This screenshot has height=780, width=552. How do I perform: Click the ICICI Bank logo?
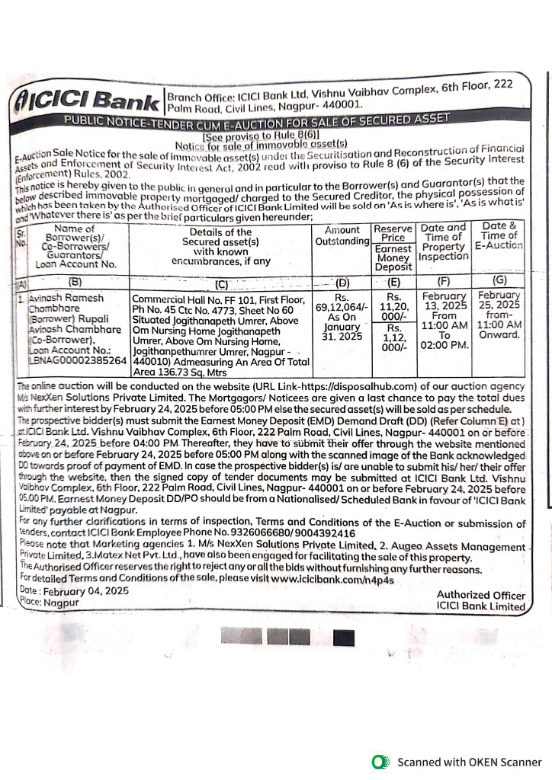pyautogui.click(x=83, y=99)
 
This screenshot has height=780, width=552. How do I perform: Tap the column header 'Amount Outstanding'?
pyautogui.click(x=341, y=235)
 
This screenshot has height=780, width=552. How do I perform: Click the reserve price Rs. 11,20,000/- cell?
pyautogui.click(x=393, y=305)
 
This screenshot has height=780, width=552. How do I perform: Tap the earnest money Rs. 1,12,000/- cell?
pyautogui.click(x=393, y=337)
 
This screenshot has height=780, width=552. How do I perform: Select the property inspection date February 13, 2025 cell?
pyautogui.click(x=444, y=319)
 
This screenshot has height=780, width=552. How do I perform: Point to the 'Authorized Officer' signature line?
pyautogui.click(x=480, y=594)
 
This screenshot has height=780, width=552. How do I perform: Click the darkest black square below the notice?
pyautogui.click(x=345, y=638)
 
